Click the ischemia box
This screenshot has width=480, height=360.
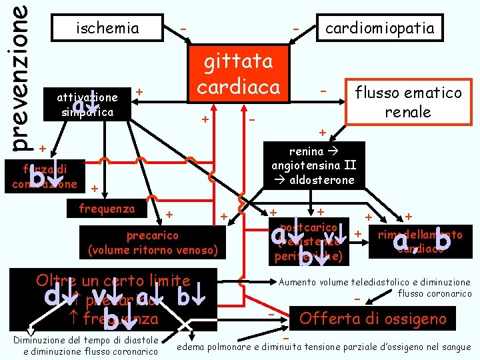pyautogui.click(x=107, y=28)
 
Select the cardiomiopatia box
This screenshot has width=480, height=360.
pyautogui.click(x=379, y=27)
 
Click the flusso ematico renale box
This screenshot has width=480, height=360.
pyautogui.click(x=407, y=101)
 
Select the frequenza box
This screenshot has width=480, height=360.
pyautogui.click(x=107, y=208)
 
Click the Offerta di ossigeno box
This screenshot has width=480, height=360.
pyautogui.click(x=373, y=318)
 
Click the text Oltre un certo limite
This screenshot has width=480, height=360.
pyautogui.click(x=113, y=281)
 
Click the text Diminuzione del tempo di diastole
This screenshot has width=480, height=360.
pyautogui.click(x=85, y=341)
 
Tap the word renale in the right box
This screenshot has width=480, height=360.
pyautogui.click(x=407, y=111)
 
